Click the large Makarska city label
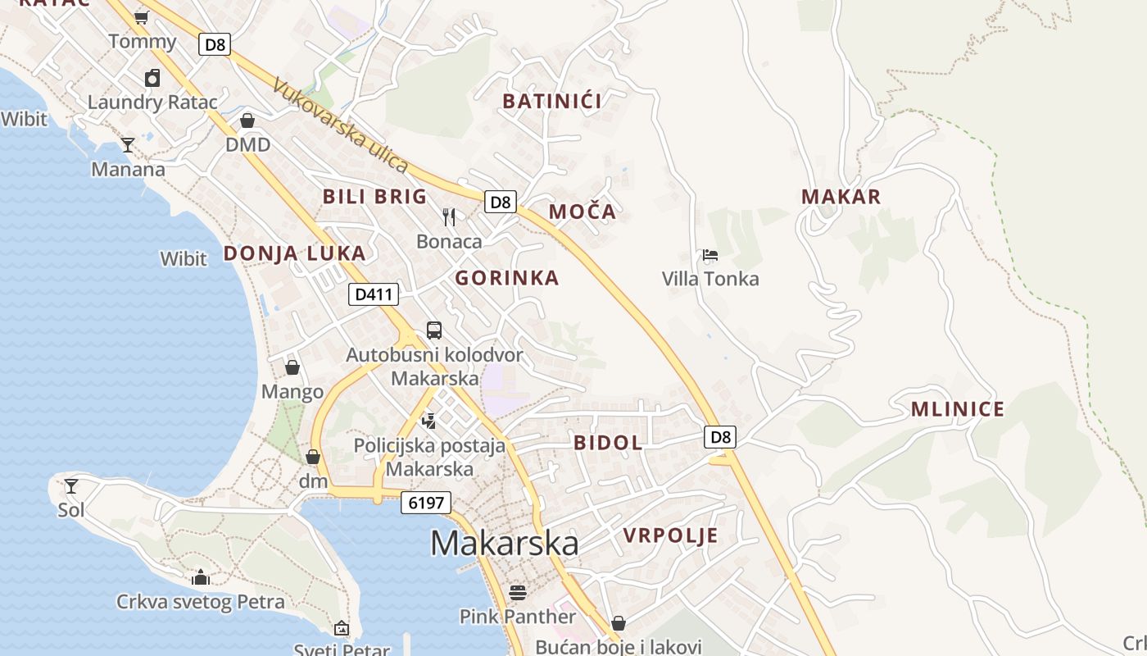(504, 543)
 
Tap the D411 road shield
(374, 294)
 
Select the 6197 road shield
(426, 503)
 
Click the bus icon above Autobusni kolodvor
(434, 330)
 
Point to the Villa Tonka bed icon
(710, 255)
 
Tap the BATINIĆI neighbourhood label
(552, 102)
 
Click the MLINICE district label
(958, 410)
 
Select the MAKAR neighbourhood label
(841, 197)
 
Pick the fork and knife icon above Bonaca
(449, 217)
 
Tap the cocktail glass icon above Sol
(71, 486)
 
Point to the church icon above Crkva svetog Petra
(201, 578)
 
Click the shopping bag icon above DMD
(247, 121)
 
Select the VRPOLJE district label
(670, 536)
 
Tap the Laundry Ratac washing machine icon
(152, 79)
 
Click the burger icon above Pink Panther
(517, 592)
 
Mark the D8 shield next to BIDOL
(720, 437)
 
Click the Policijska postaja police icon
(428, 421)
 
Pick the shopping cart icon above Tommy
(141, 16)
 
